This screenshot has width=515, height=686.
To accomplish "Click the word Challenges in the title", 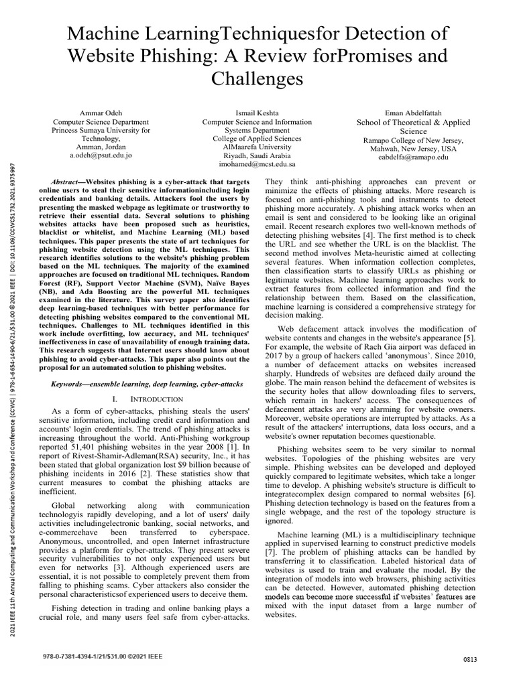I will coord(257,79).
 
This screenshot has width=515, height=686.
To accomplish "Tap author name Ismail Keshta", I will coord(257,113).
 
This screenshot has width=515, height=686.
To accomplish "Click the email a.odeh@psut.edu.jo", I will coord(101,154).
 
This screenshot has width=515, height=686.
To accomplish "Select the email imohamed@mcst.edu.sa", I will coord(257,163).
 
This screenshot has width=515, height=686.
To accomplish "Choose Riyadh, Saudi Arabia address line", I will coord(257,154).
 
